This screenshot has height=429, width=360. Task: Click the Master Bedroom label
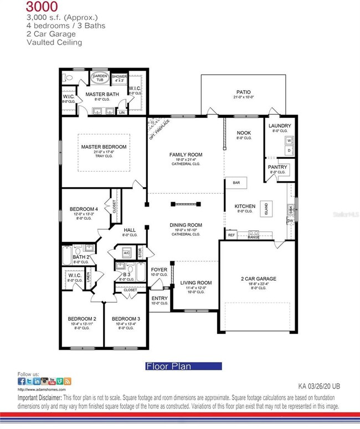[104, 147]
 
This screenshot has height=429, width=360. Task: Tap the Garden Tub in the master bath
[100, 78]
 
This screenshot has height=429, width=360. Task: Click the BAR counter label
[236, 182]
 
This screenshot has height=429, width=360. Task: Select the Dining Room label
[186, 225]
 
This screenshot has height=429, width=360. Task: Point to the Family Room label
[186, 154]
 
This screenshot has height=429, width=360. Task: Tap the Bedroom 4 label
[84, 209]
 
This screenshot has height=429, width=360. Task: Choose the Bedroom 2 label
[82, 319]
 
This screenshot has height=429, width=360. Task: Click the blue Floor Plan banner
[183, 366]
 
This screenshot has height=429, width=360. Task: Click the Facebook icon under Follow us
[21, 381]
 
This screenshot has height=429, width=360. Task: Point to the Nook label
[244, 133]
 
